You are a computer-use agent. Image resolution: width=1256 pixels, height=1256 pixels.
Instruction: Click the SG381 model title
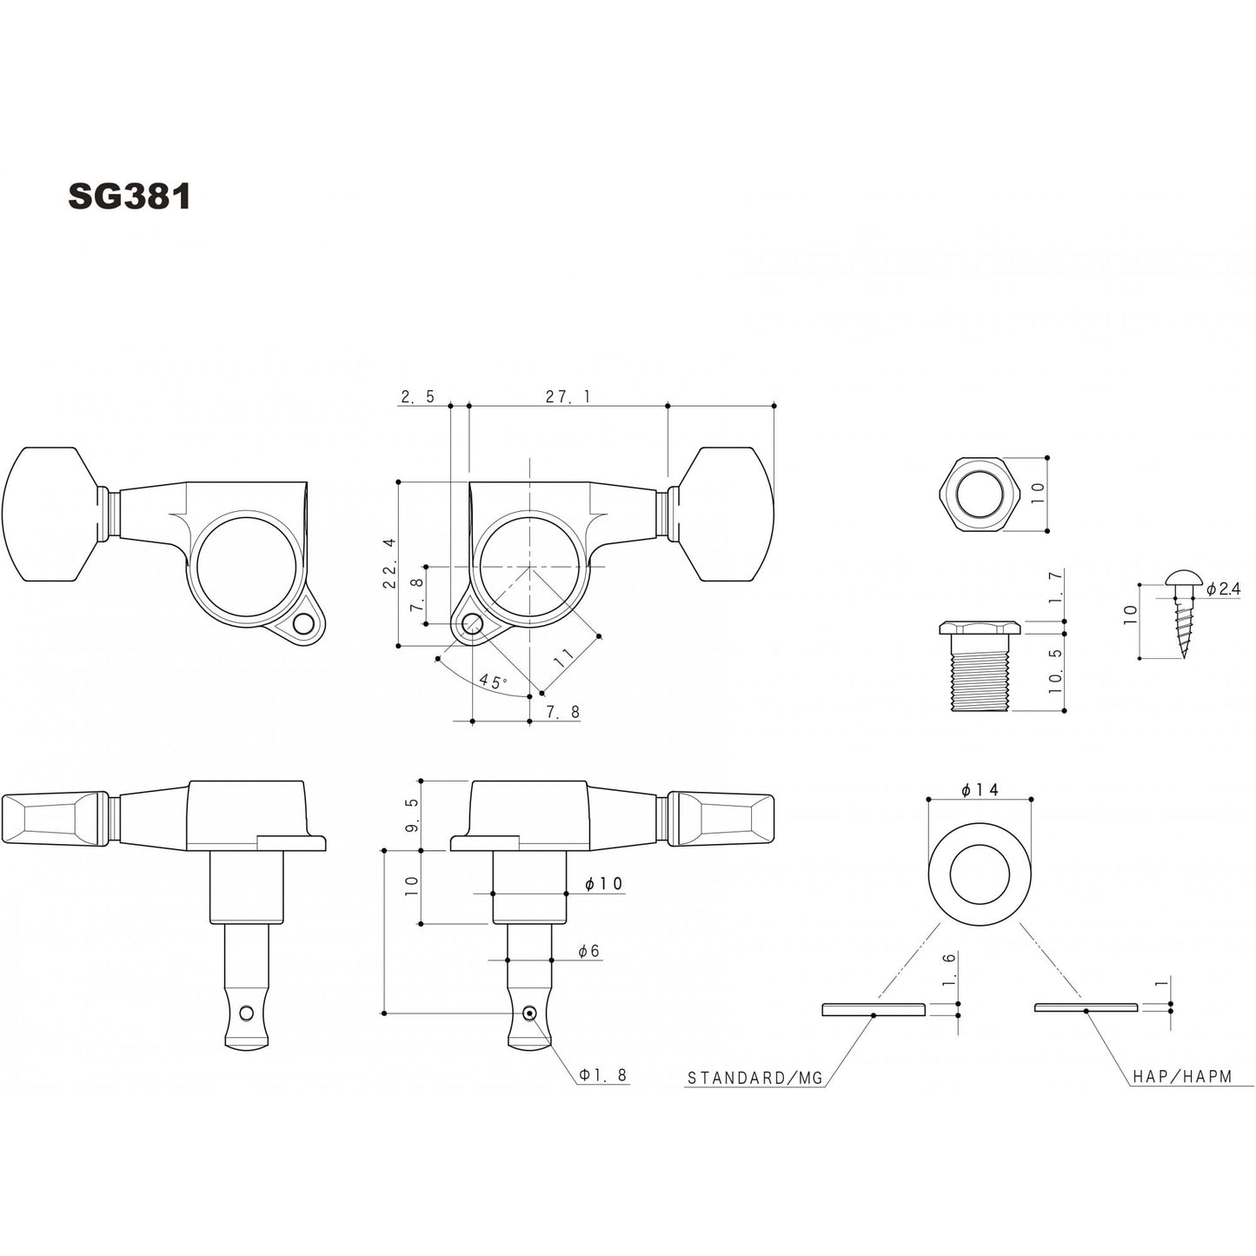(x=129, y=197)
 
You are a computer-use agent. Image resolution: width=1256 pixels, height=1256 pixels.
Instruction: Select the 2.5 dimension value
(x=417, y=396)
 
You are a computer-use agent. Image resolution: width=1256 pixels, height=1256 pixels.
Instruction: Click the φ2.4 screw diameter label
(x=1223, y=588)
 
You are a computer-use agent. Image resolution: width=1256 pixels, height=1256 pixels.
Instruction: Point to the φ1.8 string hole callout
(x=603, y=1075)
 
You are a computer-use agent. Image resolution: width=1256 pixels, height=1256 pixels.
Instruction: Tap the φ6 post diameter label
(x=589, y=952)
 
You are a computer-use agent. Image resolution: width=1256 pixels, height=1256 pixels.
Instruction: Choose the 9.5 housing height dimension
(x=413, y=815)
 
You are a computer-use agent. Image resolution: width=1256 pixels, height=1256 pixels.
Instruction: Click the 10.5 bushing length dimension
(x=1055, y=670)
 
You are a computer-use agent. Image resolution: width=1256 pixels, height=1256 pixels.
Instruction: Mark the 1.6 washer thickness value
(x=948, y=967)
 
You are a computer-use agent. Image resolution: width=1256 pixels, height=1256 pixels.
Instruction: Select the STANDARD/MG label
(x=754, y=1078)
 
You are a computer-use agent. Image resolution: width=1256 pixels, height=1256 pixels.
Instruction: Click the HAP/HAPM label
(x=1182, y=1077)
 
